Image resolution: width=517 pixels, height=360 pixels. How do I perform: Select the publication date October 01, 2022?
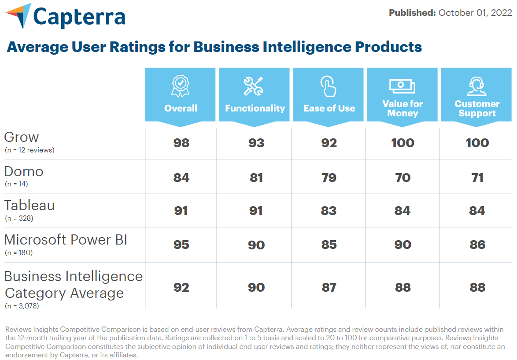[475, 13]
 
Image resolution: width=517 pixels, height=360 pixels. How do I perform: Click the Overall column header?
[181, 108]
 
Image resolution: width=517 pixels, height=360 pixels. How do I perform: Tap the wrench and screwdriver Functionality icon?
[254, 86]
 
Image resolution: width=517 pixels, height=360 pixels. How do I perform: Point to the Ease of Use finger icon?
[329, 86]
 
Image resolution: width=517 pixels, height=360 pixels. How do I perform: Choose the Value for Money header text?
[403, 108]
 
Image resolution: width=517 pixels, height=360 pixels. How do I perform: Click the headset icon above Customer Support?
[477, 86]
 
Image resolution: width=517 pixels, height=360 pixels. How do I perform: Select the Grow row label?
[22, 137]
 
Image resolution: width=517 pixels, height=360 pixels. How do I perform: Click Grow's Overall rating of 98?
[181, 143]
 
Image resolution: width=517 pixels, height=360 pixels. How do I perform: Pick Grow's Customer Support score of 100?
[477, 143]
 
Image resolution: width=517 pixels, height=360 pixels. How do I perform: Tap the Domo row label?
[24, 171]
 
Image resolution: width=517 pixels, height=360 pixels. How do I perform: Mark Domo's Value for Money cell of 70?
[403, 178]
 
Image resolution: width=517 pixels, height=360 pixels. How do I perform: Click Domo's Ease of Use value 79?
[329, 178]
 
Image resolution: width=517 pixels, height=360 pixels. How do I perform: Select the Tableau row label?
[30, 205]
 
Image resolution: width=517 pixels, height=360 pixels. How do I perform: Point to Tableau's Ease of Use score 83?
[329, 211]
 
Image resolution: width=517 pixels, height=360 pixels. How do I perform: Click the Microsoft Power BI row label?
[66, 240]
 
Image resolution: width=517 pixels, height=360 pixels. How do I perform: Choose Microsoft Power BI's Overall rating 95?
[181, 245]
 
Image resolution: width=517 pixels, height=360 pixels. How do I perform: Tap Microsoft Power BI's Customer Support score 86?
[477, 245]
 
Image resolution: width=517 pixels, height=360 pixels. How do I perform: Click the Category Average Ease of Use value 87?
[329, 287]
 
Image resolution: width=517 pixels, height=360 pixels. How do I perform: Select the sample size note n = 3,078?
[22, 306]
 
